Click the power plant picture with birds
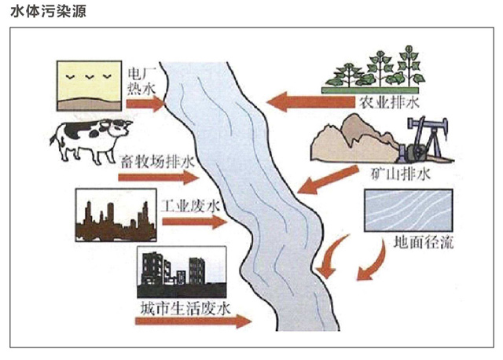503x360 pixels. (89, 83)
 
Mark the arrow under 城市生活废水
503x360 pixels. (193, 321)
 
